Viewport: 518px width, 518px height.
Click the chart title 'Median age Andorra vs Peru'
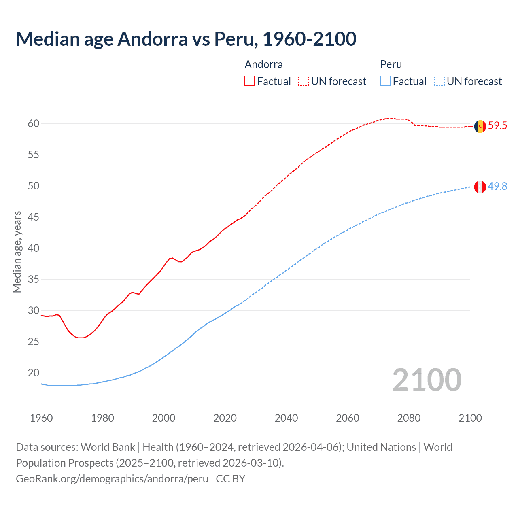tap(186, 39)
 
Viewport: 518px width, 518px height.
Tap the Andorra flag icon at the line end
tap(480, 126)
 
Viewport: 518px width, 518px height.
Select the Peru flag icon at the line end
tap(480, 187)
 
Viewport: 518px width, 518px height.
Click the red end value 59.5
tap(497, 126)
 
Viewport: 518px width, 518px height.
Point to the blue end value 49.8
tap(497, 186)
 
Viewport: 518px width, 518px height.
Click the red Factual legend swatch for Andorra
tap(250, 81)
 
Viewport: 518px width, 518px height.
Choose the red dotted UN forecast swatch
tap(304, 81)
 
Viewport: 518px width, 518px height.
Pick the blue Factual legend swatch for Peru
tap(386, 81)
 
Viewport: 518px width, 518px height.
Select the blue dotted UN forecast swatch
tap(439, 81)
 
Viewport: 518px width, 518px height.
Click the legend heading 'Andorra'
tap(263, 64)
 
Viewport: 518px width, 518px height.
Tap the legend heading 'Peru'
tap(391, 64)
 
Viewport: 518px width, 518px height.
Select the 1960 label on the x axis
tap(41, 418)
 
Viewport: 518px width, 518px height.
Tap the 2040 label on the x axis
tap(286, 418)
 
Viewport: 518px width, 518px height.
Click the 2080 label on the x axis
tap(409, 418)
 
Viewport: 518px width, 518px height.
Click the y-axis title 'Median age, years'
tap(17, 252)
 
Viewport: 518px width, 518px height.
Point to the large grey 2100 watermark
tap(427, 380)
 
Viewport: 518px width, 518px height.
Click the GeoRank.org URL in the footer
tap(112, 479)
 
